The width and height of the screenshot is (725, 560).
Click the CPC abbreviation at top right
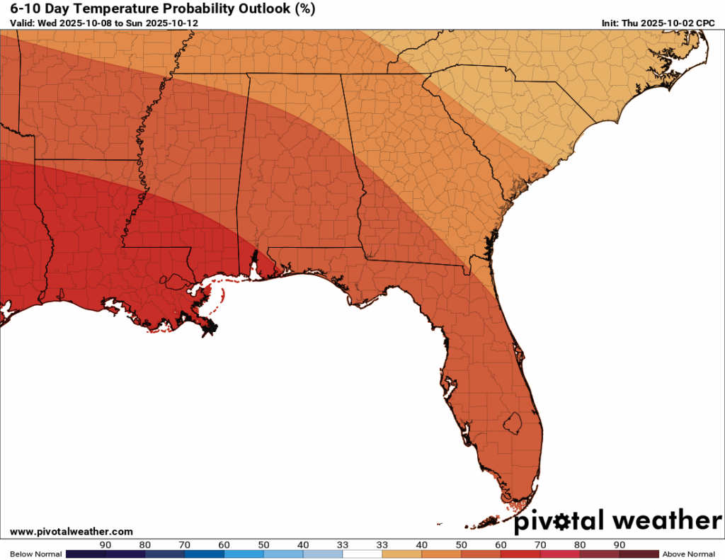coord(705,23)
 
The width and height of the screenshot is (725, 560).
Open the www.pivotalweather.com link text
coord(72,531)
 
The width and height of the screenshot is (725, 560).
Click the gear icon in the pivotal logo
coord(566,522)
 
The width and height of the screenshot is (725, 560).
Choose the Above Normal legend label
coord(687,554)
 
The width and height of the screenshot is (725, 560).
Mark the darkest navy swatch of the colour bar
coord(85,554)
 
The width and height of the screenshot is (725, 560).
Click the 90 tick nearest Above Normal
coord(620,544)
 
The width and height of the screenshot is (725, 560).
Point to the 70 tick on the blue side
coord(184,544)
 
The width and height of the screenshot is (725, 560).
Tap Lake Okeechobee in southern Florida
coord(513,423)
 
